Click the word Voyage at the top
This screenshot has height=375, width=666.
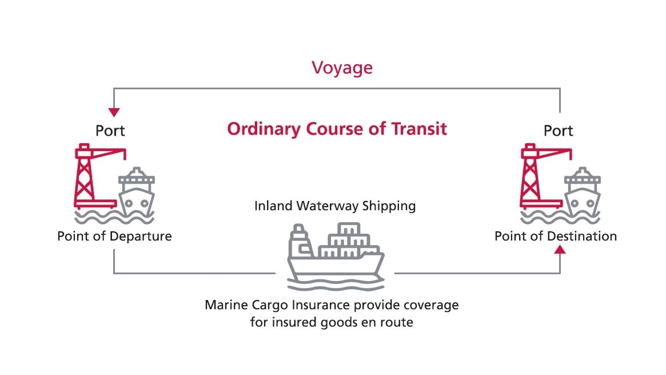coord(342,68)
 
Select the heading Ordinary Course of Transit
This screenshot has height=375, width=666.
coord(337,129)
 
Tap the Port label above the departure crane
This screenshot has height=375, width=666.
coord(110,131)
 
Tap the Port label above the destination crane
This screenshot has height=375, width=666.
coord(559,131)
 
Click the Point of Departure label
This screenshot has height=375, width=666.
coord(114,236)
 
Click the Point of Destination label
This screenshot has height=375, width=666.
coord(556,236)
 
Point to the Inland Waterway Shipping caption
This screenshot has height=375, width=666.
coord(335,206)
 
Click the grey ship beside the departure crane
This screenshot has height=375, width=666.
coord(136,192)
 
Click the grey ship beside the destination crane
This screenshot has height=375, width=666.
coord(582,192)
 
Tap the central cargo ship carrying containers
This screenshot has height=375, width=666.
coord(334,255)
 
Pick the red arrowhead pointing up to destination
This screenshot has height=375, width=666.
coord(560,250)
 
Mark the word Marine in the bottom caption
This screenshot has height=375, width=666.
coord(224,305)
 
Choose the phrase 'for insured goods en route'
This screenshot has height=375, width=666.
coord(332,322)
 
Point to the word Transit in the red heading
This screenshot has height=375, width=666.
coord(420,129)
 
